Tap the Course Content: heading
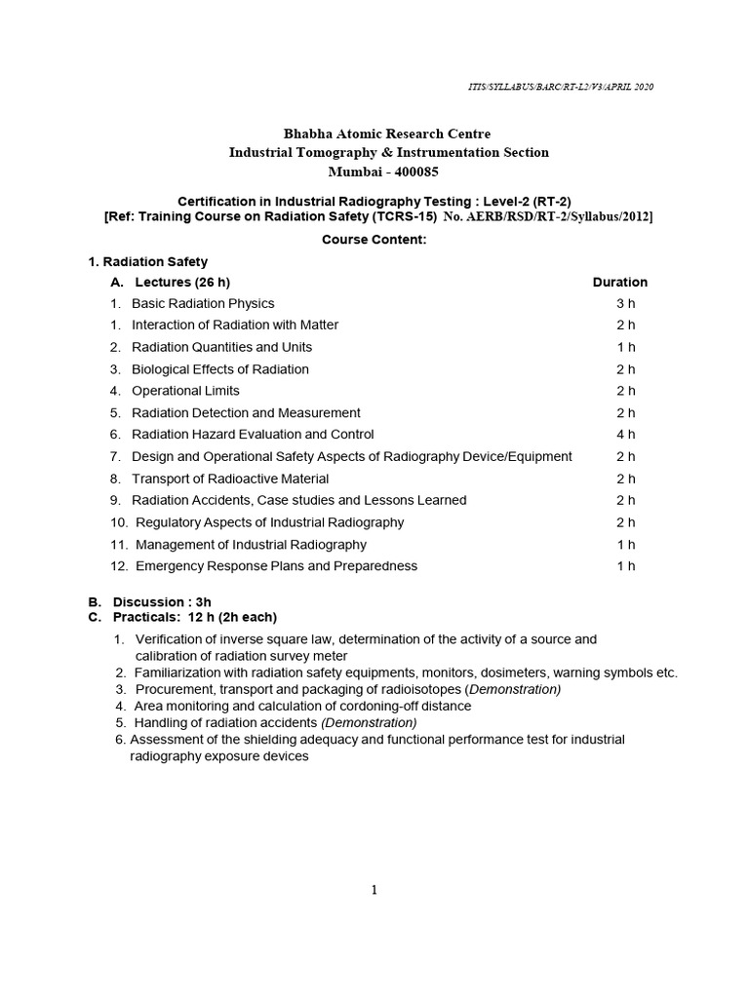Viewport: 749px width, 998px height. tap(375, 240)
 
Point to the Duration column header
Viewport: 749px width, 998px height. tap(620, 282)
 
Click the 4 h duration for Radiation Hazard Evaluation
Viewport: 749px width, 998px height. tap(626, 435)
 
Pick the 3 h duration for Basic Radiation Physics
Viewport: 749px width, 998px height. tap(626, 303)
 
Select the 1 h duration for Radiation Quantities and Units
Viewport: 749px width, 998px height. tap(626, 347)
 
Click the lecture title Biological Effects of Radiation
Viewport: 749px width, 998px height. tap(220, 369)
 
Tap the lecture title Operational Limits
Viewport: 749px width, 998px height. tap(185, 391)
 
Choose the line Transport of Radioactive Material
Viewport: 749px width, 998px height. tap(230, 479)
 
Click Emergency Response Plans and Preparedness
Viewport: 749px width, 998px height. tap(276, 566)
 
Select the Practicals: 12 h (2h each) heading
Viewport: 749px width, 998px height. tap(194, 617)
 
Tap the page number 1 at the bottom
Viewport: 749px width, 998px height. tap(374, 889)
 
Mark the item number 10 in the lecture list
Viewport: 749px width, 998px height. tap(117, 522)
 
